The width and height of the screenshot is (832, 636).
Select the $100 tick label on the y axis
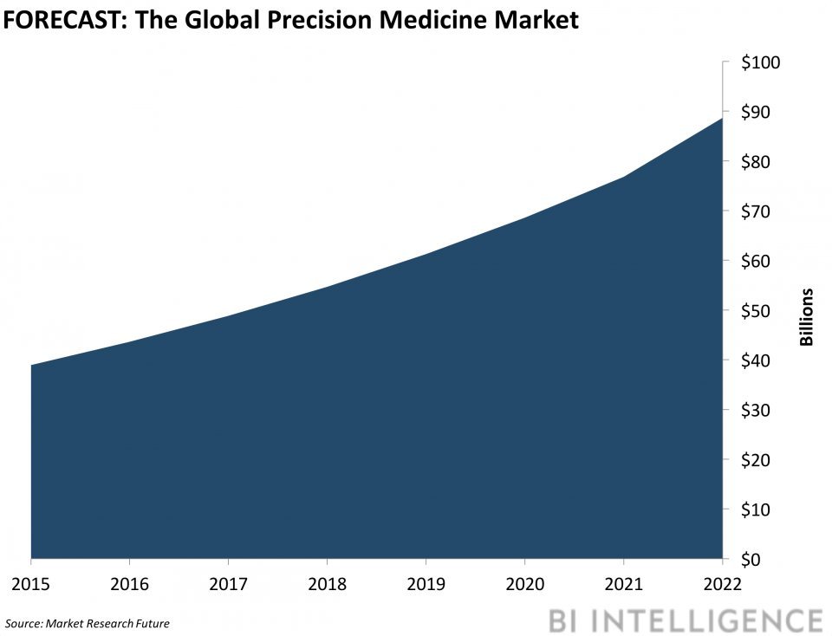click(759, 62)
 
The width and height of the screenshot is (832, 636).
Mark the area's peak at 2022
click(722, 117)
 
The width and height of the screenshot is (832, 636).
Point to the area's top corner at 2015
click(31, 365)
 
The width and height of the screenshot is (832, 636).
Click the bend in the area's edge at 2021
click(623, 177)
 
